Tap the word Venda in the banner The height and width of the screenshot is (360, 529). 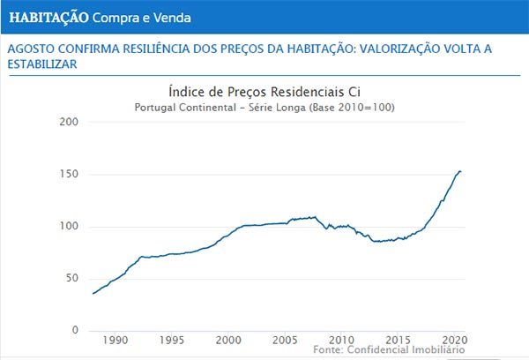pyautogui.click(x=170, y=18)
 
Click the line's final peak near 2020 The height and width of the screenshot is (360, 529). pyautogui.click(x=460, y=171)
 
